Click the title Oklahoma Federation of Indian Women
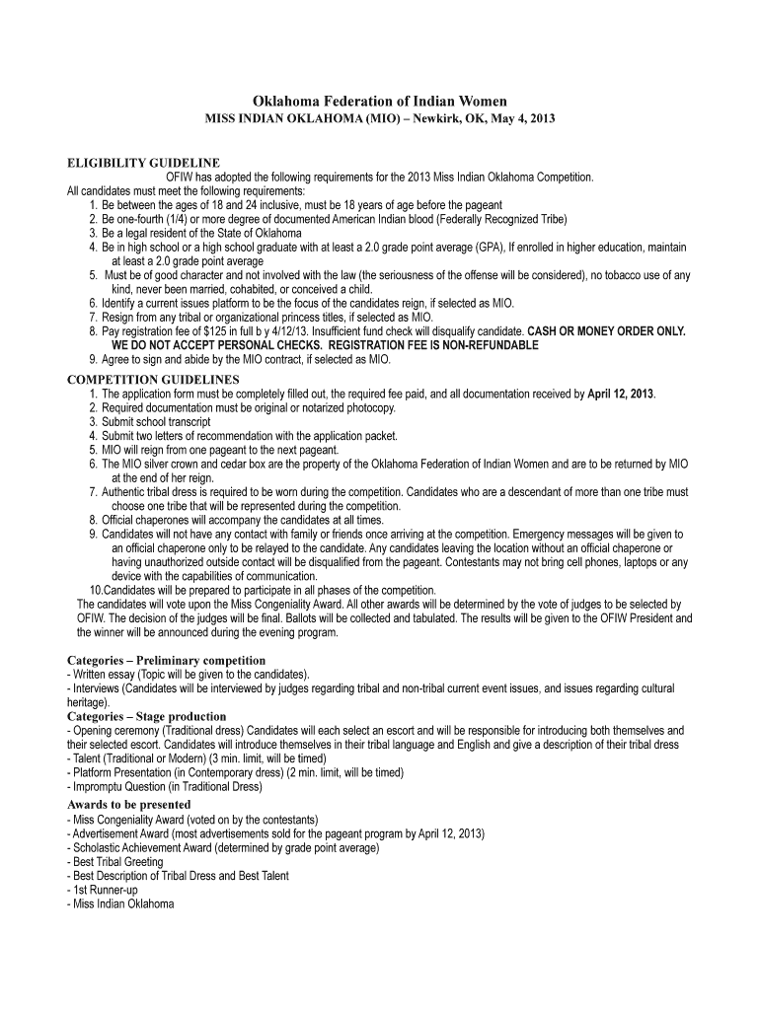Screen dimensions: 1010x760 [x=380, y=101]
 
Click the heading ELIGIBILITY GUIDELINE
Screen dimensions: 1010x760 [x=143, y=163]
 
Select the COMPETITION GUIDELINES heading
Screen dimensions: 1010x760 [x=153, y=380]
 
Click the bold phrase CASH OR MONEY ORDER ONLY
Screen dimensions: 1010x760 [x=607, y=331]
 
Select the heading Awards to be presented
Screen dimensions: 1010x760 [x=128, y=805]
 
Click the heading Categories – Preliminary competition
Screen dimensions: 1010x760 [x=166, y=660]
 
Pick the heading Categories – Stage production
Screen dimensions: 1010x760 [x=146, y=716]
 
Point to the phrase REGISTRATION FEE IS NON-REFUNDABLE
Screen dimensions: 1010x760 [x=432, y=345]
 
